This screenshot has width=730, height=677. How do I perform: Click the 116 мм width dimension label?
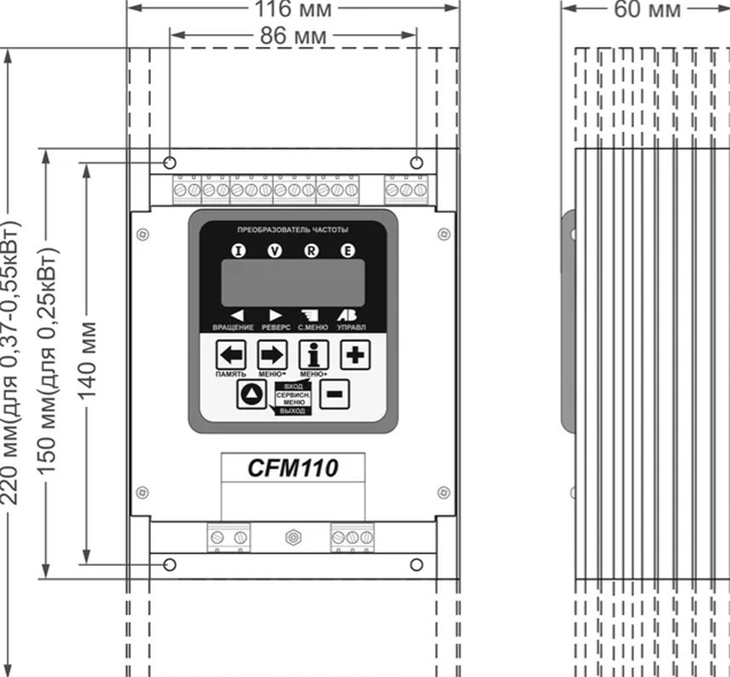tap(294, 9)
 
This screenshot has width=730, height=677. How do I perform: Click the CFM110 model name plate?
tap(293, 468)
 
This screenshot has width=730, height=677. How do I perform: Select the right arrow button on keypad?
tap(272, 355)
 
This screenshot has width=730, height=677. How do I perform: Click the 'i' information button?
tap(313, 355)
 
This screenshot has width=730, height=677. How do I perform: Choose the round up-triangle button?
tap(251, 395)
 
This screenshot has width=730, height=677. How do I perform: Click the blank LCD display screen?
tap(293, 282)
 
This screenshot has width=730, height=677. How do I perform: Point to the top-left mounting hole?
tap(169, 162)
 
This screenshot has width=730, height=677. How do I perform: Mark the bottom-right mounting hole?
tap(416, 565)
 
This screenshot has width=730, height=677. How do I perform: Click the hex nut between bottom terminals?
tap(293, 538)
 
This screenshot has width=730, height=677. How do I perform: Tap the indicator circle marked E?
tap(346, 250)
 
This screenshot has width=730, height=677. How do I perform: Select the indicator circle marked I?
tap(239, 250)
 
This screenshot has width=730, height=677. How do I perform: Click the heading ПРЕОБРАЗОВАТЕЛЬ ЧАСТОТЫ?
tap(293, 230)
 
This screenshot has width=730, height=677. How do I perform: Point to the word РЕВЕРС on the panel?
tap(275, 327)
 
